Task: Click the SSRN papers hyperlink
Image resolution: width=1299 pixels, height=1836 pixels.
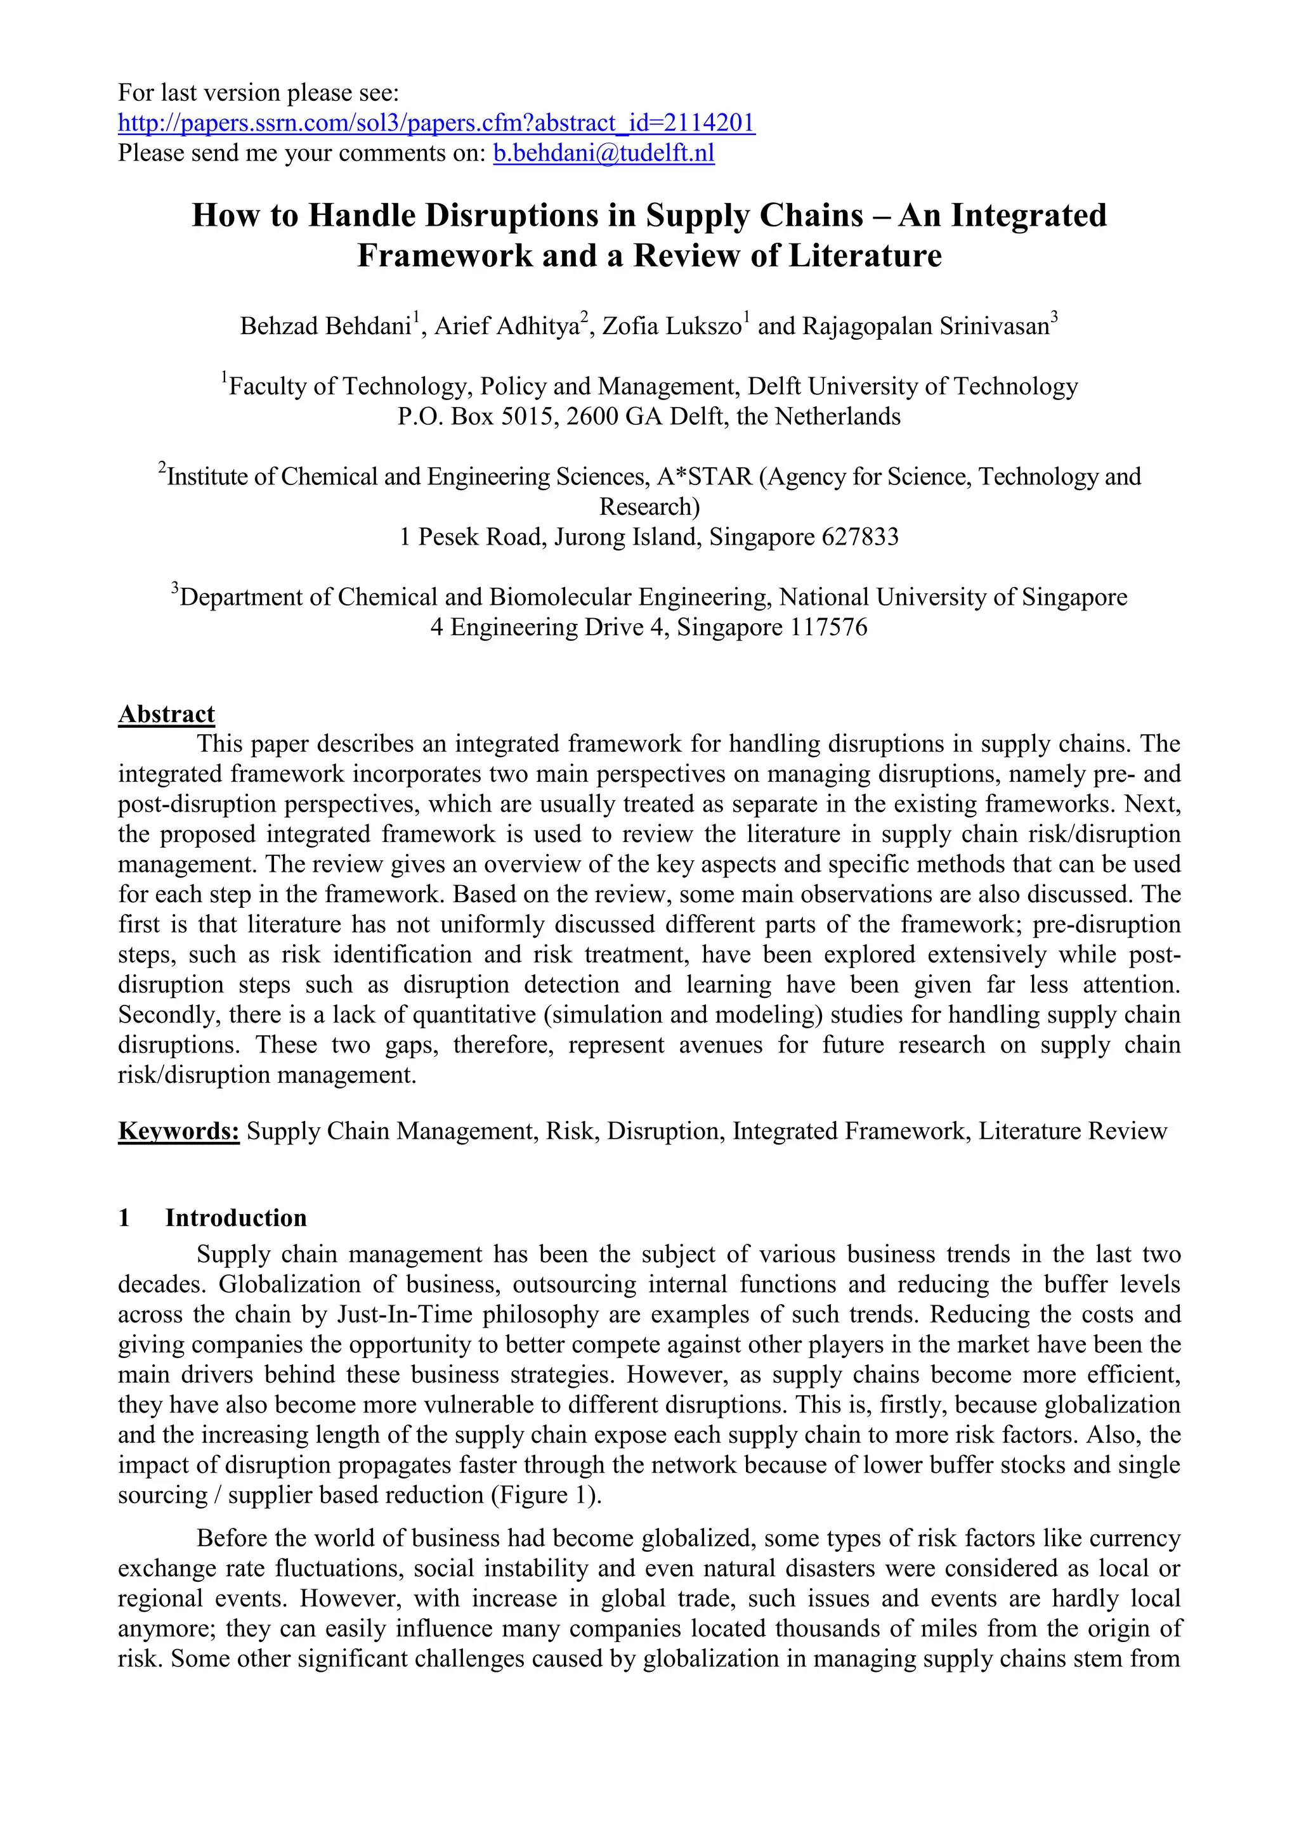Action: [436, 122]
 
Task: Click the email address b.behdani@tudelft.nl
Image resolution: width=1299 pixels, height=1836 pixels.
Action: [603, 153]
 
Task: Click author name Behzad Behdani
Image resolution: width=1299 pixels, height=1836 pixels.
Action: [325, 326]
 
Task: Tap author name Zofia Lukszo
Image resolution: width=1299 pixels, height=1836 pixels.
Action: [671, 326]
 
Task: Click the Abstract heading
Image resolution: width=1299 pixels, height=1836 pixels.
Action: [166, 714]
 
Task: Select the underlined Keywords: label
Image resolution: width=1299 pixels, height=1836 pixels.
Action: [178, 1131]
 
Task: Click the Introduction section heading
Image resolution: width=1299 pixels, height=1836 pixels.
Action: [235, 1218]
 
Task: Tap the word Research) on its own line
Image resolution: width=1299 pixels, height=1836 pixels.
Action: [649, 507]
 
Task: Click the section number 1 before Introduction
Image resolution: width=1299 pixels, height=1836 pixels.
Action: [124, 1218]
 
